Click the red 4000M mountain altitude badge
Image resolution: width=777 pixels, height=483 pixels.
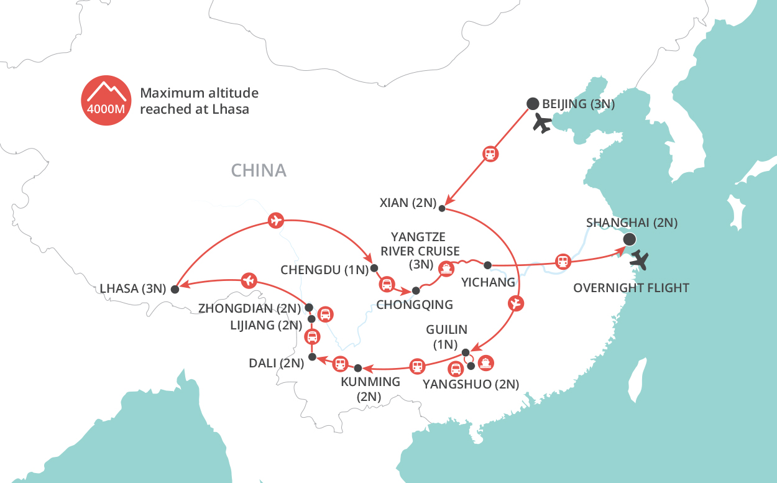pos(106,100)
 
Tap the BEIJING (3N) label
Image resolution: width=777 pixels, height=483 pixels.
pos(578,104)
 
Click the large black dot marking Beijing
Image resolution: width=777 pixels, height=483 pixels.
pos(532,104)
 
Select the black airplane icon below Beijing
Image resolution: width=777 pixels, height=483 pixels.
pos(543,124)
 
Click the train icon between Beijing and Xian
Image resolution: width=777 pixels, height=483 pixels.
pos(490,154)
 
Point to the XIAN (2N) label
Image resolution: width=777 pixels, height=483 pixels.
pos(407,203)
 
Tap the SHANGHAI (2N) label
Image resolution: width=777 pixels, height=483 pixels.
pos(632,223)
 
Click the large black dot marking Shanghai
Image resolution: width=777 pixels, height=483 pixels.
pos(629,239)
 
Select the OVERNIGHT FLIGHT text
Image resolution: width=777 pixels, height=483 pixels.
pos(631,288)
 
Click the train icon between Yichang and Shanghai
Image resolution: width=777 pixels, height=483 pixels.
pos(563,262)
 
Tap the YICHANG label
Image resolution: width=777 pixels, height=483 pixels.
pos(488,282)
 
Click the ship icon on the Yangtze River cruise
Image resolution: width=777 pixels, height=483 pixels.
pos(445,269)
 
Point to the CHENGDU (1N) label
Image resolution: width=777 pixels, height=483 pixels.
pos(324,270)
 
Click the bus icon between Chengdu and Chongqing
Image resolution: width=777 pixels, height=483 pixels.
pos(386,285)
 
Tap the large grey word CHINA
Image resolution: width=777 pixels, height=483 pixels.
pos(259,170)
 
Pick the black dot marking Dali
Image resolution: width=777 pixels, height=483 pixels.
pos(313,357)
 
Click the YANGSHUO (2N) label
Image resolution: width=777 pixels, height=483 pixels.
pos(470,384)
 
